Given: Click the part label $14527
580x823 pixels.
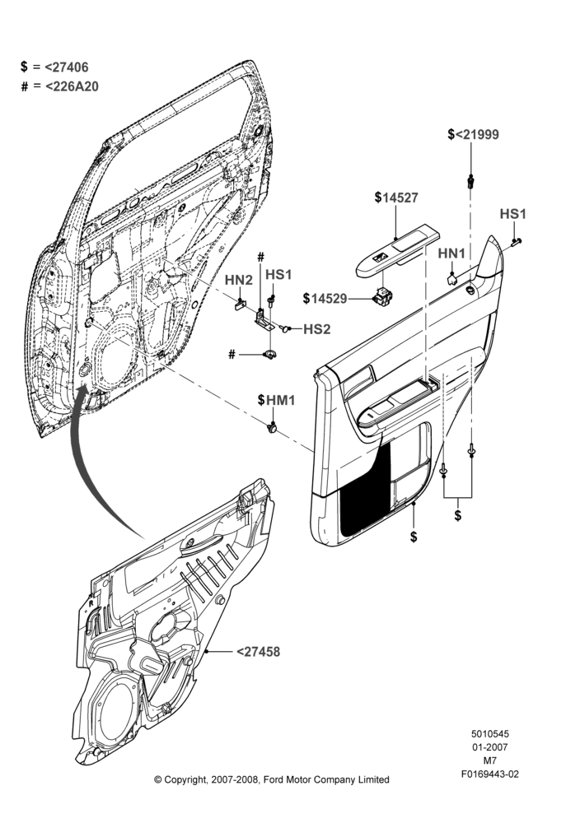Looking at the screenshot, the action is [396, 198].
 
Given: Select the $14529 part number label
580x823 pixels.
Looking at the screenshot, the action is [325, 298].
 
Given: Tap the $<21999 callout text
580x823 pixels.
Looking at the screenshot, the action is [474, 134].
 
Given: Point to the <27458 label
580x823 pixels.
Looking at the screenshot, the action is [258, 651].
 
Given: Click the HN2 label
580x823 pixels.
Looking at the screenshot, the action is [239, 280].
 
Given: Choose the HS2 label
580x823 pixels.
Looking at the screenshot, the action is [317, 329].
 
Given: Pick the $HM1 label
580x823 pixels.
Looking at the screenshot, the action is [276, 400].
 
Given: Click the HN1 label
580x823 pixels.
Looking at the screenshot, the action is [451, 253].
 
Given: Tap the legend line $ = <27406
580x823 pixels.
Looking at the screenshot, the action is [54, 67].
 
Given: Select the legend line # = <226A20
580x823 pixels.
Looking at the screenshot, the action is [59, 86].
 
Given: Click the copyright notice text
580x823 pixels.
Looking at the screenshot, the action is [272, 779].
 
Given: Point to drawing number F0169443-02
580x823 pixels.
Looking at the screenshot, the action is [489, 774].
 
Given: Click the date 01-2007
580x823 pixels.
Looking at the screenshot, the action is [489, 747].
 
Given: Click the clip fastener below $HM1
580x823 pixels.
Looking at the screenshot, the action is [273, 428].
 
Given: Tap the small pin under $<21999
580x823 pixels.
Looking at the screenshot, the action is [470, 182].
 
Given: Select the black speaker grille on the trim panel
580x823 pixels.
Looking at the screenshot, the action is [366, 491].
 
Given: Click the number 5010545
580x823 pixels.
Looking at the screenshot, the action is [489, 734].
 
